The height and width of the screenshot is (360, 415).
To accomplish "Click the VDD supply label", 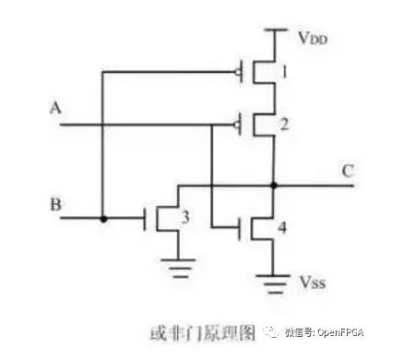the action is (313, 38).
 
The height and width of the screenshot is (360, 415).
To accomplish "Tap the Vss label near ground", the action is (313, 282).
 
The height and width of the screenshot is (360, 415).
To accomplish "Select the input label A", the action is (55, 108).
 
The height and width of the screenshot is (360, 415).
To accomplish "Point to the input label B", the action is (55, 205).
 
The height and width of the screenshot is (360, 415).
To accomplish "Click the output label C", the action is (348, 172).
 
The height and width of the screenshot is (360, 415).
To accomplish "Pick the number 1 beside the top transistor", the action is (285, 72).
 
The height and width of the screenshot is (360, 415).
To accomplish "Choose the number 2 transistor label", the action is (284, 125).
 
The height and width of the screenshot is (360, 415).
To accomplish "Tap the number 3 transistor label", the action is (185, 217).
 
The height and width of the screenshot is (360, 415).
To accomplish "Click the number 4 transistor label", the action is (282, 228).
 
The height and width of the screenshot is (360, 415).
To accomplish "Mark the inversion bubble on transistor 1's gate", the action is (238, 72).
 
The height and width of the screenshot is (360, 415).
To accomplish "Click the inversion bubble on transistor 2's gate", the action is (237, 125).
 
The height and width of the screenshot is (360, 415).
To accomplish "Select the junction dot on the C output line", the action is (274, 186).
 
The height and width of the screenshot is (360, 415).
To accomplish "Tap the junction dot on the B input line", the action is (103, 219).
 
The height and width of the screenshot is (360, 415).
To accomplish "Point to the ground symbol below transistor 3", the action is (178, 269).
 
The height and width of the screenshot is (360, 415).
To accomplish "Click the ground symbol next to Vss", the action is (273, 284).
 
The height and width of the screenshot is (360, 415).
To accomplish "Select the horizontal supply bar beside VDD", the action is (276, 30).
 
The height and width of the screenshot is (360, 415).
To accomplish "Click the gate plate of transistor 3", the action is (145, 219).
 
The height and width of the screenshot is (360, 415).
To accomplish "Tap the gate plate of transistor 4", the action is (240, 229).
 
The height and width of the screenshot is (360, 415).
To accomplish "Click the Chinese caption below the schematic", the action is (203, 333).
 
